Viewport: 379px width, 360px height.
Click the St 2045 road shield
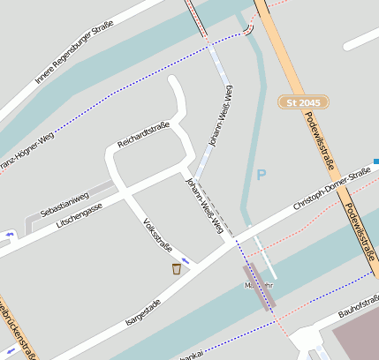tap(304, 103)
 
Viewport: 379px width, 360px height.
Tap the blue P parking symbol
tap(262, 176)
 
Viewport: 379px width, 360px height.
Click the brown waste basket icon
tap(177, 267)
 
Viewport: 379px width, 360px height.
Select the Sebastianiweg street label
tap(64, 204)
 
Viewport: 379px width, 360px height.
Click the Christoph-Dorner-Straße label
tap(332, 192)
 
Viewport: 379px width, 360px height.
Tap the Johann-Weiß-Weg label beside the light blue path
tap(221, 115)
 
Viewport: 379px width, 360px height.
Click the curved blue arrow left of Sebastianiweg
tap(11, 235)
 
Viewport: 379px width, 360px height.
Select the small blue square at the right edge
tap(375, 161)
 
